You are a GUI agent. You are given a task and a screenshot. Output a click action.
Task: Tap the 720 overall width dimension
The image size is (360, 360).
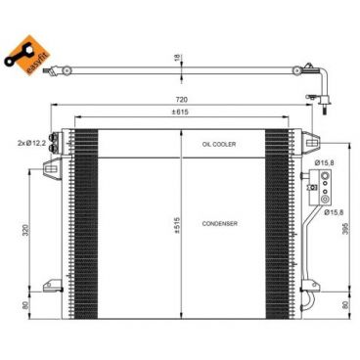click(182, 101)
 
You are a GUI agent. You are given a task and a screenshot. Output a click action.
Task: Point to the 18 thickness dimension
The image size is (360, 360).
click(177, 59)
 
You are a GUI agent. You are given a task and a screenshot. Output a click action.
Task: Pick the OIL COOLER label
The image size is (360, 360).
click(220, 144)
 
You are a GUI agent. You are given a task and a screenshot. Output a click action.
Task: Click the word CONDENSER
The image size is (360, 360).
click(220, 224)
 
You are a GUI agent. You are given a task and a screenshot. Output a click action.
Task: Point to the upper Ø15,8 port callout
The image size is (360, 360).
click(327, 163)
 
